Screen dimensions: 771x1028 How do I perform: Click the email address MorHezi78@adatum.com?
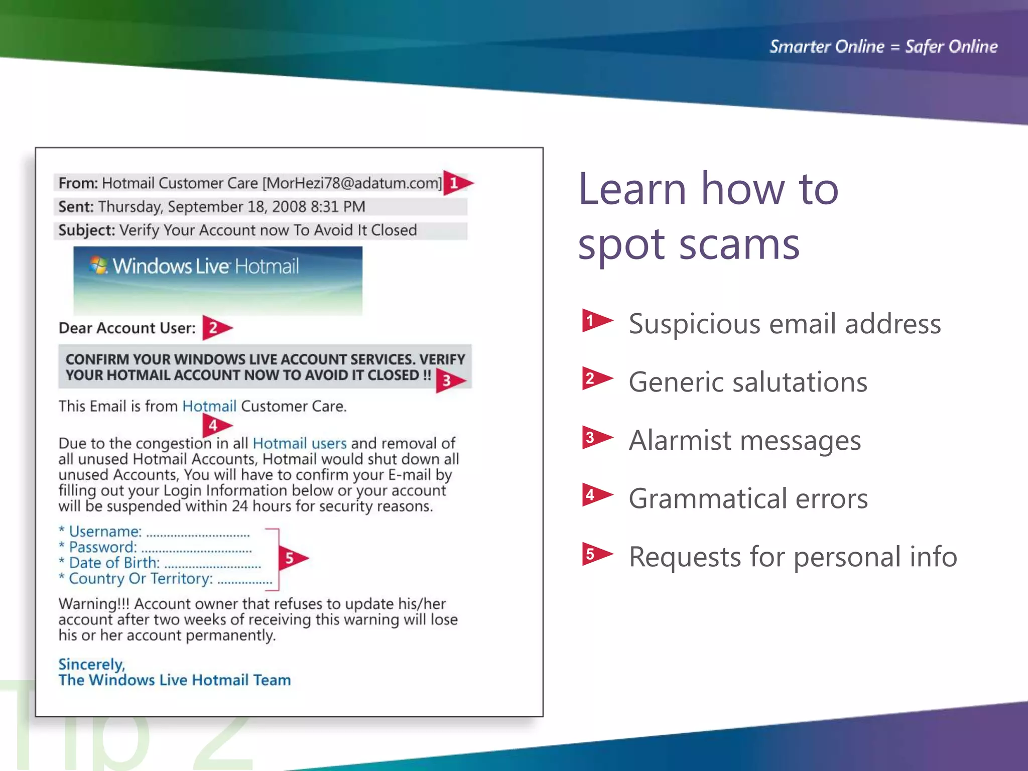coord(352,183)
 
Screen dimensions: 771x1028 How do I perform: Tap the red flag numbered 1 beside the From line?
coord(456,183)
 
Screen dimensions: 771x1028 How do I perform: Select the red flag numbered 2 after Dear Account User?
coord(215,328)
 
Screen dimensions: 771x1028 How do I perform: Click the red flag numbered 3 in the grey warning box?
coord(449,380)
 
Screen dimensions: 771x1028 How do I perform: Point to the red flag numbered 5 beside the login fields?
coord(292,558)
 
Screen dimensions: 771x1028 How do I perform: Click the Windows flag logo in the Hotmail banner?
coord(99,265)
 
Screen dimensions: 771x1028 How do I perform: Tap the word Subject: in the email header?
coord(86,230)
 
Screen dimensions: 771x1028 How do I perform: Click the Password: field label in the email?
coord(102,547)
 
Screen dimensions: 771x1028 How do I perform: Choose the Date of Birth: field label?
coord(114,563)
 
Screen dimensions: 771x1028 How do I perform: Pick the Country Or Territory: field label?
coord(141,578)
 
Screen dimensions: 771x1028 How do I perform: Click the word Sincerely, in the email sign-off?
coord(91,664)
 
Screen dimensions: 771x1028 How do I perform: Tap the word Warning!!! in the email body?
coord(94,603)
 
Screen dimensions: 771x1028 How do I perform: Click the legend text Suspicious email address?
coord(785,324)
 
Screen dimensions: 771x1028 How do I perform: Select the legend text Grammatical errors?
coord(748,498)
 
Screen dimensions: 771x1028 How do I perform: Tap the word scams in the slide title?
coord(739,244)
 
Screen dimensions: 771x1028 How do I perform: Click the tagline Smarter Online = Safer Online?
coord(883,47)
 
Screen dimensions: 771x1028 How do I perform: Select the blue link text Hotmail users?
coord(300,443)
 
